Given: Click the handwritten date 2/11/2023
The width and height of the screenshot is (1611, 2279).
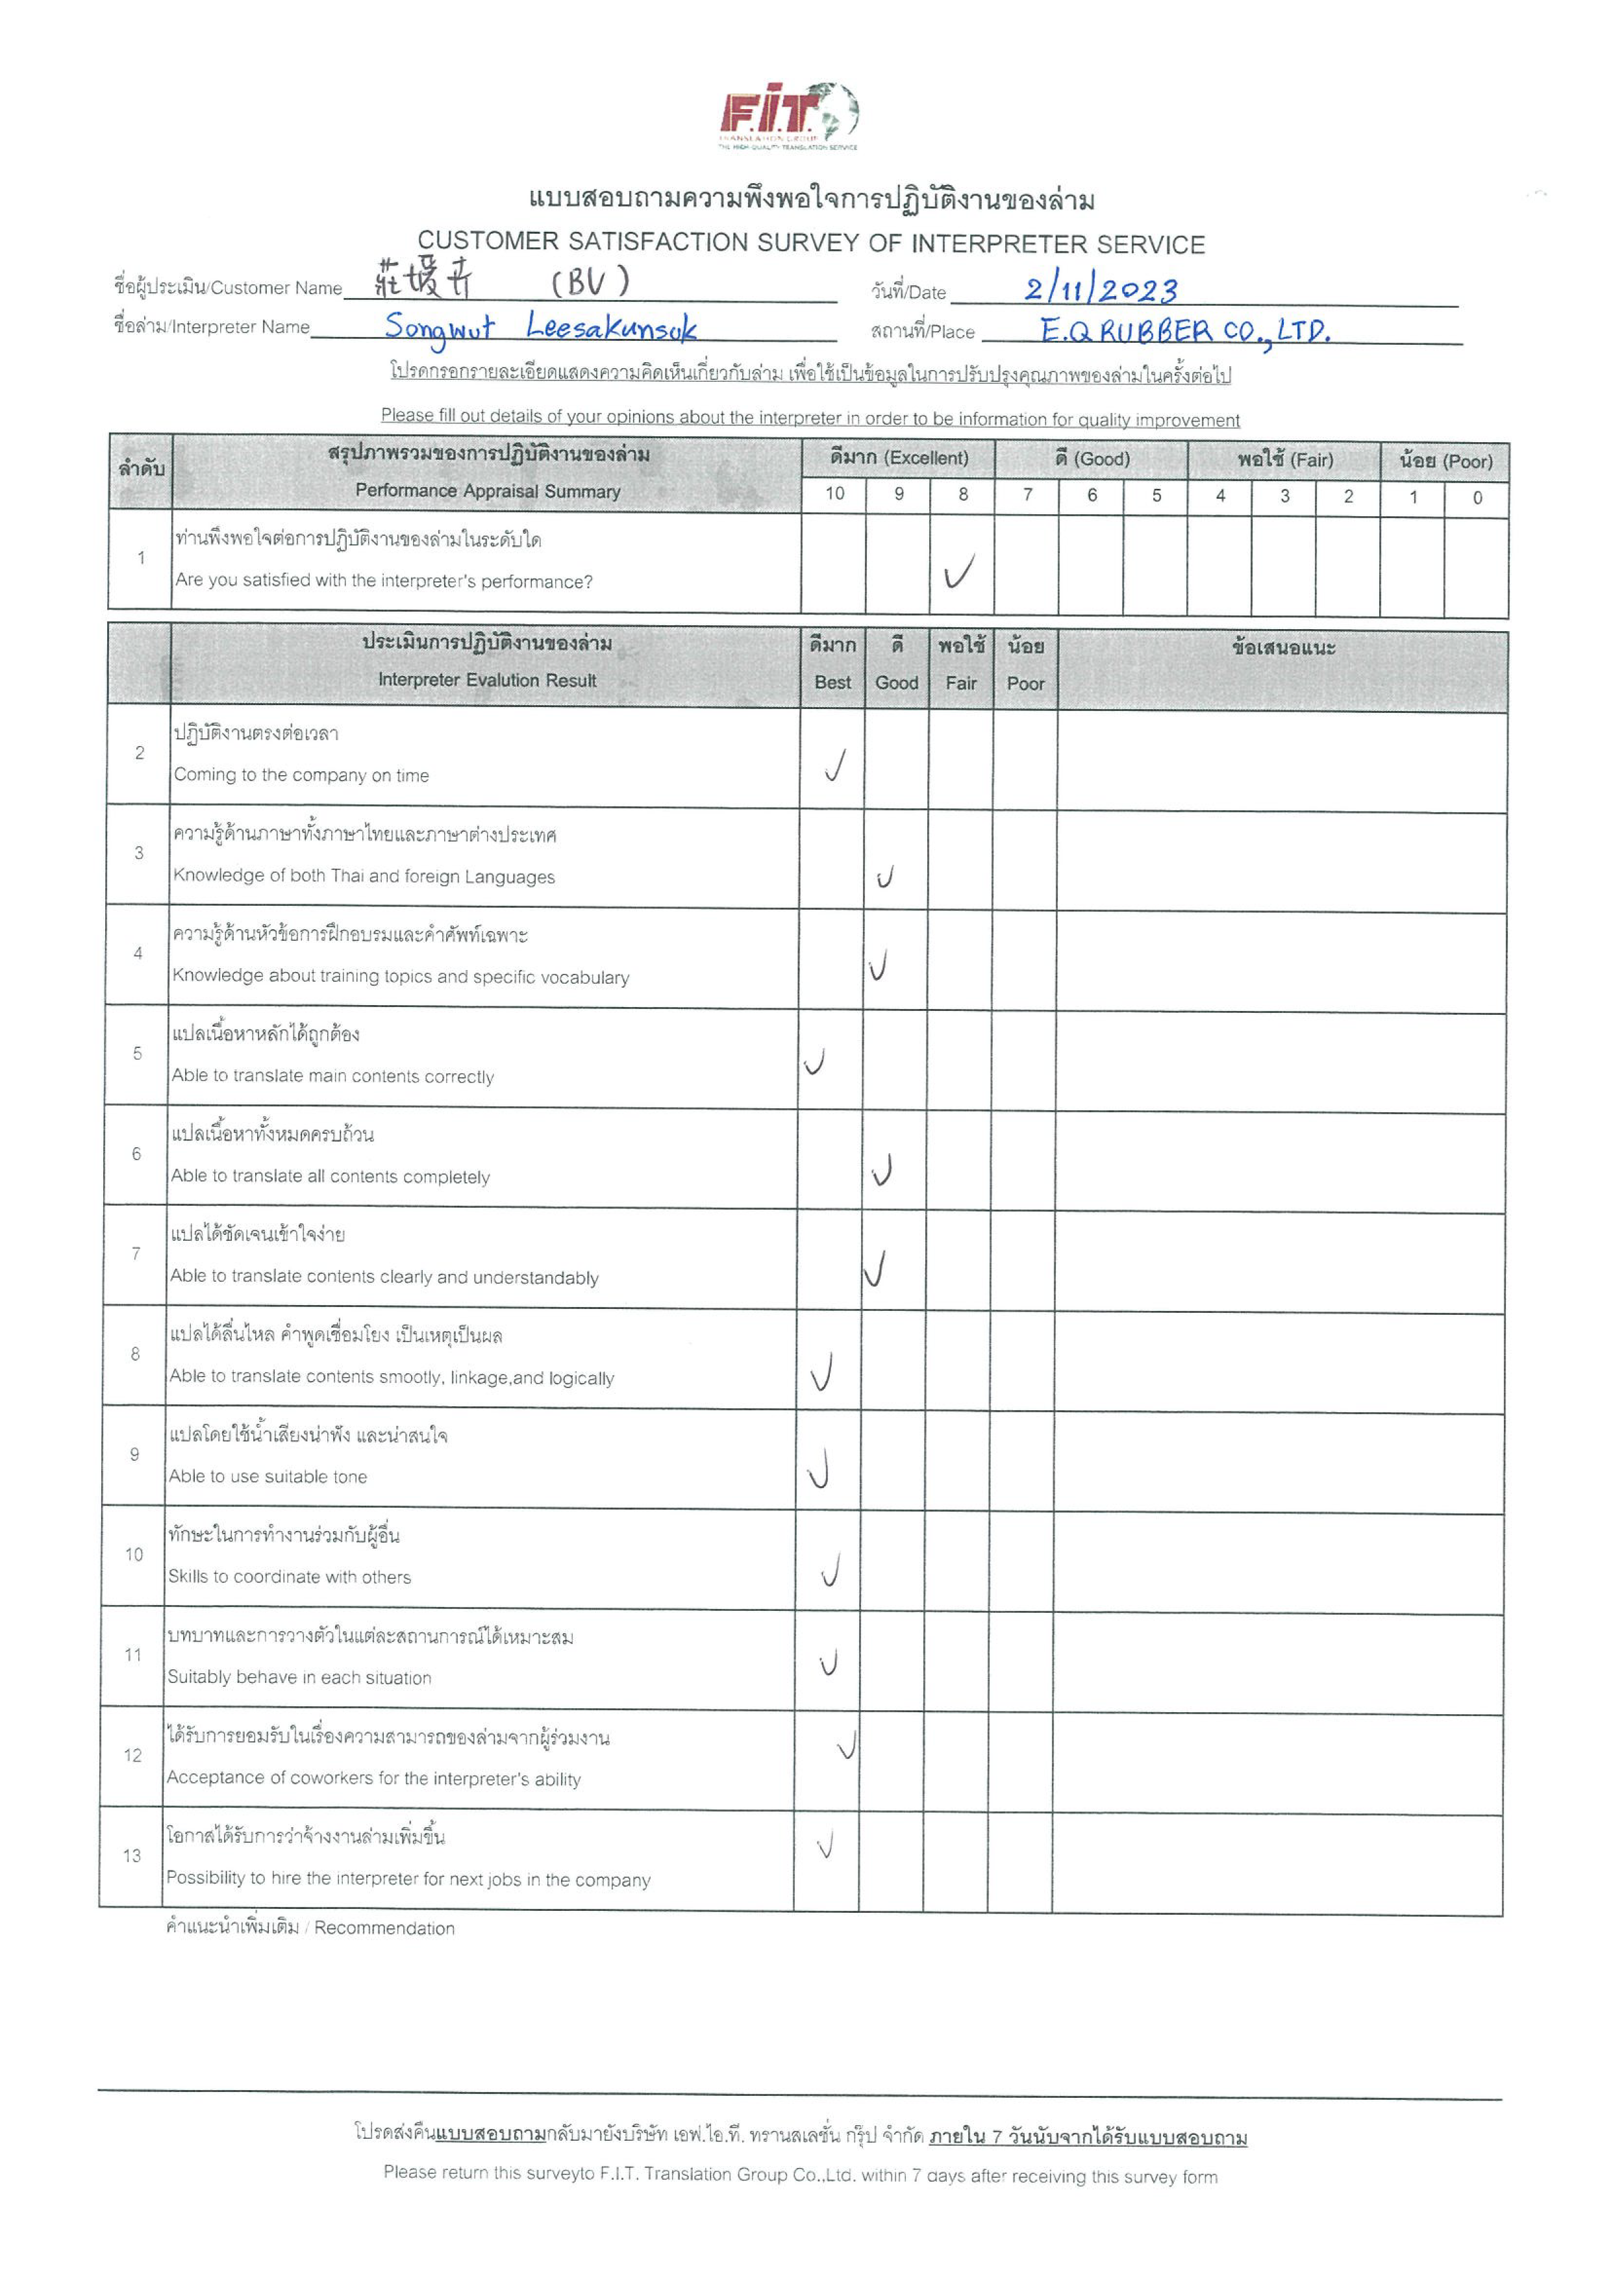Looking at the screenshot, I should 1101,290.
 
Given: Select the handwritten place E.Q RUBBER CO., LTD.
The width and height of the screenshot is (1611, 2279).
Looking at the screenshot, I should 1184,330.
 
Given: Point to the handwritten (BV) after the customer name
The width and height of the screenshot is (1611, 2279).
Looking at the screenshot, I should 591,283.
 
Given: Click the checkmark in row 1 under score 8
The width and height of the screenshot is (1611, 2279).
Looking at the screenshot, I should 959,571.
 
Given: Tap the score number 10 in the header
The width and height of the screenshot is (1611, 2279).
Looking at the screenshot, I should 835,493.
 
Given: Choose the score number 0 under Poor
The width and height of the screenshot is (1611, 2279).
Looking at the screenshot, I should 1477,497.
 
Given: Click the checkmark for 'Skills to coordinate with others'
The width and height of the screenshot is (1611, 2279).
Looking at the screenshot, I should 832,1570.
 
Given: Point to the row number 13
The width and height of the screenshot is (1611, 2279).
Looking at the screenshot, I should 132,1855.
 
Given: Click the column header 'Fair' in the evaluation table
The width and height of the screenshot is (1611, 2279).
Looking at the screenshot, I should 961,683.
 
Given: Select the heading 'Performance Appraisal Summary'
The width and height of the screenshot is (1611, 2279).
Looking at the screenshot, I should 488,490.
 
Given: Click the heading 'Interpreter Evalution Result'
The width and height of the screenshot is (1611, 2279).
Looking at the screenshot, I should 488,680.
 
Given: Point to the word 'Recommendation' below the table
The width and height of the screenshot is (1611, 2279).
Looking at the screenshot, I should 384,1928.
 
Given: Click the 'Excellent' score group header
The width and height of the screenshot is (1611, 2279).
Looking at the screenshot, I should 898,458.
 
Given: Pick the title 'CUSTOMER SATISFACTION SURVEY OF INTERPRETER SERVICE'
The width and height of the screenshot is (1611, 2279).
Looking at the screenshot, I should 811,243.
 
